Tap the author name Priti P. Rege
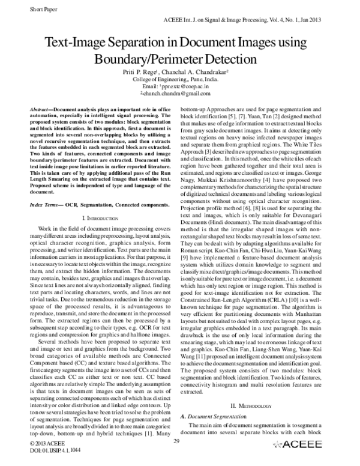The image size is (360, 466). (x=148, y=71)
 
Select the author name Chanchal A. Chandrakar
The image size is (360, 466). (x=200, y=71)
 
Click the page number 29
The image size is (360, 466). (x=176, y=443)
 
